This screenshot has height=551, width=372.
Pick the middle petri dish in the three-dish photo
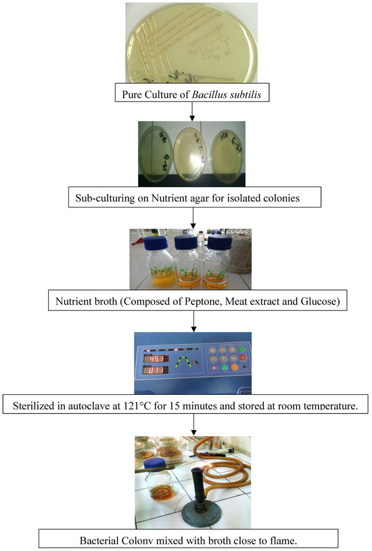point(195,150)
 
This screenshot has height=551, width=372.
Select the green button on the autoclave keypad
point(243,350)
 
